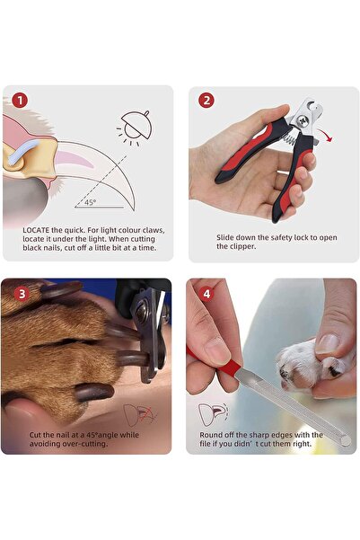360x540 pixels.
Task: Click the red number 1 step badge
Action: (20, 101)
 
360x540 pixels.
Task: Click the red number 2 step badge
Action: (206, 101)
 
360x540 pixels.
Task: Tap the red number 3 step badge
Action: (20, 292)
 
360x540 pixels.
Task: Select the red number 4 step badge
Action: (206, 292)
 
